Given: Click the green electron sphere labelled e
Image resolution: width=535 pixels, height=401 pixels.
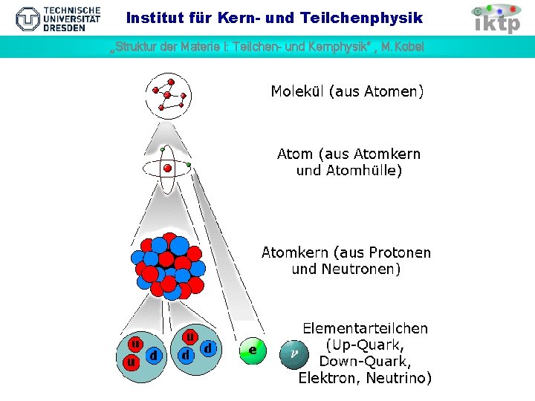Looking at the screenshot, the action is pyautogui.click(x=253, y=351).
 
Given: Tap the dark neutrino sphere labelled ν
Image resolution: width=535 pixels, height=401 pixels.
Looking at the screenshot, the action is pyautogui.click(x=293, y=355).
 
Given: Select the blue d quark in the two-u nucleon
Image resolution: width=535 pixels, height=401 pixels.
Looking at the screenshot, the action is pyautogui.click(x=153, y=356).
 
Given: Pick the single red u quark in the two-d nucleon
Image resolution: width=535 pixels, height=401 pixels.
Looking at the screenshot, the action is pyautogui.click(x=190, y=338).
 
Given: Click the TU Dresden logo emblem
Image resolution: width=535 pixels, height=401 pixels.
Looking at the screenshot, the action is pyautogui.click(x=29, y=18).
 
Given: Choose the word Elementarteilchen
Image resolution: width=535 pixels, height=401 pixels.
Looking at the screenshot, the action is pyautogui.click(x=365, y=328).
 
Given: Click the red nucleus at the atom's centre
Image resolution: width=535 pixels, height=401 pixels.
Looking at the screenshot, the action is pyautogui.click(x=168, y=169).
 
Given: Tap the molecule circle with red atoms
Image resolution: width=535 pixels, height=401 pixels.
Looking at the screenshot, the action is pyautogui.click(x=169, y=96).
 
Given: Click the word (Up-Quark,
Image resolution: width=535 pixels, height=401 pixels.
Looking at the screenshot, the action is pyautogui.click(x=366, y=345).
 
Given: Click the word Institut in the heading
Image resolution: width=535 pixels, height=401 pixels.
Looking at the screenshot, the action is pyautogui.click(x=153, y=17).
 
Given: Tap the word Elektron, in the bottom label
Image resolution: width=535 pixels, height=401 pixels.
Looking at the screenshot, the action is pyautogui.click(x=330, y=378).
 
